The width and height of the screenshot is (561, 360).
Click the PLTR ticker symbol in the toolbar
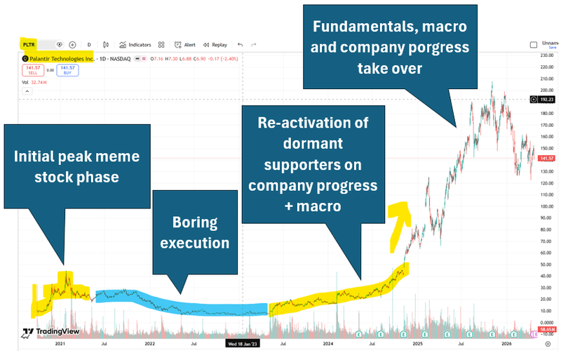coord(28,44)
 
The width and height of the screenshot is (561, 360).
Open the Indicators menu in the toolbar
coord(136,44)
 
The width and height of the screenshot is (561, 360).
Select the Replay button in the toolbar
coord(215,44)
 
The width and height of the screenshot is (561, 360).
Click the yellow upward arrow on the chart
coord(398,223)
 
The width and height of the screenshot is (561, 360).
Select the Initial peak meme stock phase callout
coord(77,166)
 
